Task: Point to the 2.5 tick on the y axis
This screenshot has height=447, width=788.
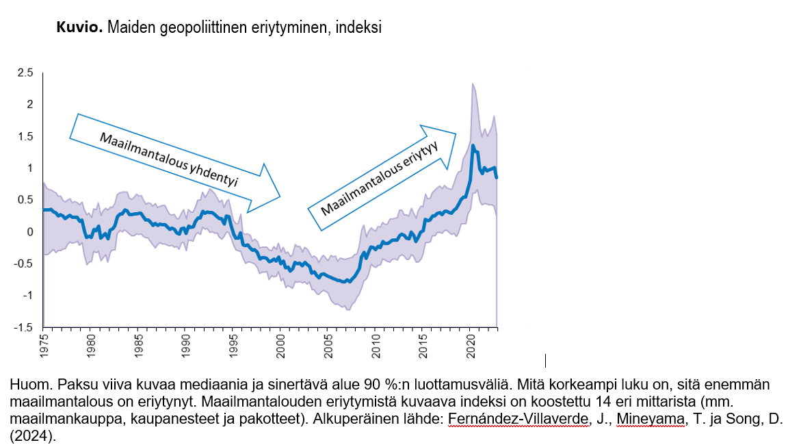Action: coord(25,73)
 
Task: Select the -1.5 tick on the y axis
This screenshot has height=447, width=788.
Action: coord(23,327)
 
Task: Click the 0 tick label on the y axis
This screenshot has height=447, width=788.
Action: coord(30,232)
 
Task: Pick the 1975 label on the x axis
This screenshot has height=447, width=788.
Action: coord(44,342)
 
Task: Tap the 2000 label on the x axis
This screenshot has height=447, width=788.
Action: coord(280,342)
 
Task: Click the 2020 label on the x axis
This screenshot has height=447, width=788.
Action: coord(469,342)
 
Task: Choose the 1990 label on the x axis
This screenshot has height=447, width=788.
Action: coord(185,342)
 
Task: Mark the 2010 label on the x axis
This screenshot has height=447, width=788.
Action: coord(375,342)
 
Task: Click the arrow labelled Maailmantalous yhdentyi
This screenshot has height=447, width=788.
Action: coord(174,162)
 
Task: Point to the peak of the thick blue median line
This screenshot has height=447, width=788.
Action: coord(473,146)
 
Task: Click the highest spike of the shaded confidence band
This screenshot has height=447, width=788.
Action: coord(473,84)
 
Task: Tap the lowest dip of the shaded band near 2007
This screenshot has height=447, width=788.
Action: coord(349,309)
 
